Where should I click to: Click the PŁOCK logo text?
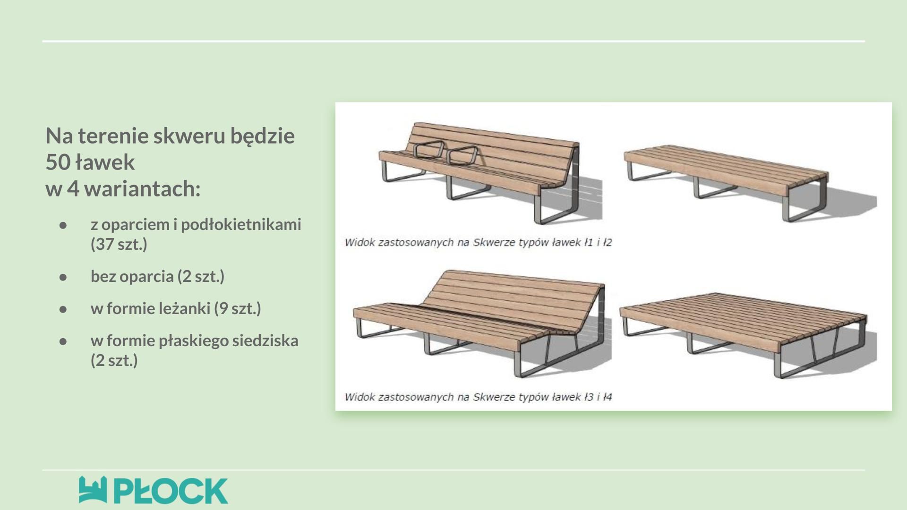click(x=171, y=491)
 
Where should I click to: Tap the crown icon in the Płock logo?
click(x=93, y=490)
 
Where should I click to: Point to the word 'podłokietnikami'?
click(x=241, y=225)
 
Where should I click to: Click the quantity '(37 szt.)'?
click(x=119, y=244)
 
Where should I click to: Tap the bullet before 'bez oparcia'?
click(x=63, y=277)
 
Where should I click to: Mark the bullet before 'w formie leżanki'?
click(x=63, y=309)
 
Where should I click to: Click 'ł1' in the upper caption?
click(x=588, y=242)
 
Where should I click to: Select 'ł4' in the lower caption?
click(x=608, y=397)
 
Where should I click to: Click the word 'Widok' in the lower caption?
click(x=359, y=397)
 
